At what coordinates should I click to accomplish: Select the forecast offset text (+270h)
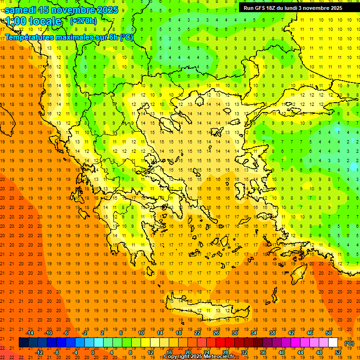click(x=83, y=21)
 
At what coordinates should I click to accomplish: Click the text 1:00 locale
click(x=34, y=21)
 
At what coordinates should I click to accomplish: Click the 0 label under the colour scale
click(x=93, y=352)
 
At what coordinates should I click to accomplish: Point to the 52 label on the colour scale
click(x=338, y=352)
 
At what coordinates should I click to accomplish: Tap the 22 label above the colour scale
click(x=197, y=333)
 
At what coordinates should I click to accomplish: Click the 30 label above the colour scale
click(x=235, y=333)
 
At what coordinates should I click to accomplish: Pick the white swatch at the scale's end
click(x=333, y=343)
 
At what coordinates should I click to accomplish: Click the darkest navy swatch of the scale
click(x=23, y=343)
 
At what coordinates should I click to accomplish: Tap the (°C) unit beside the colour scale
click(x=349, y=343)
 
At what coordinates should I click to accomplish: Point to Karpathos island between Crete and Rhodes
click(x=287, y=291)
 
